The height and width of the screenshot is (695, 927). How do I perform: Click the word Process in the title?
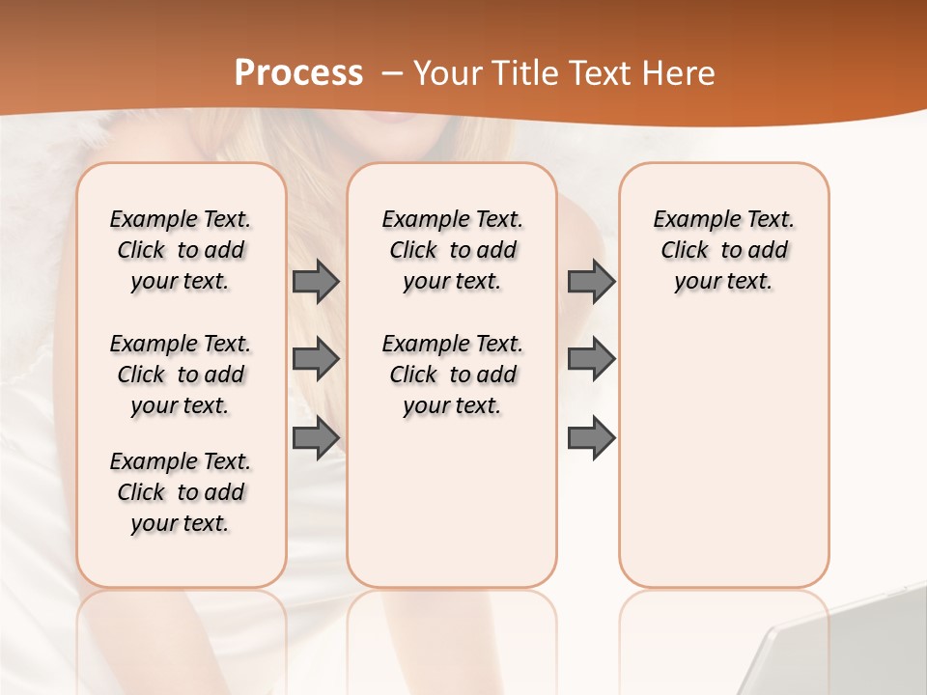tap(298, 73)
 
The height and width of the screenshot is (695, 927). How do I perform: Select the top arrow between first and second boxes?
tap(316, 281)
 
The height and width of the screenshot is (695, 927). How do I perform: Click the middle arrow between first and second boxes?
tap(316, 359)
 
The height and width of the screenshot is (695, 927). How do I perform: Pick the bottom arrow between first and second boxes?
tap(316, 437)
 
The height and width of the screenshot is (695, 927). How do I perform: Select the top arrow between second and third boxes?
tap(591, 281)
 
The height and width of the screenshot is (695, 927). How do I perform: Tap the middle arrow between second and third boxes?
tap(591, 359)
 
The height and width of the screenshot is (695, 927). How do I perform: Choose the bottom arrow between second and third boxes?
tap(591, 437)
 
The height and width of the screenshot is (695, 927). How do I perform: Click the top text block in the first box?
tap(181, 250)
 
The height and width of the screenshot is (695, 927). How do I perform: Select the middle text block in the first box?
tap(181, 375)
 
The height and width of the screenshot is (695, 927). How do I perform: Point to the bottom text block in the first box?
tap(181, 492)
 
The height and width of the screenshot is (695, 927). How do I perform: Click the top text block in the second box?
tap(452, 250)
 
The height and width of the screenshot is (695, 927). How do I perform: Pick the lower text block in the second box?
tap(452, 375)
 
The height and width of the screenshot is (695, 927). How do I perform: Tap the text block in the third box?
tap(723, 250)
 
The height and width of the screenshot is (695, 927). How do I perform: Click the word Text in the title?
tap(604, 73)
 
